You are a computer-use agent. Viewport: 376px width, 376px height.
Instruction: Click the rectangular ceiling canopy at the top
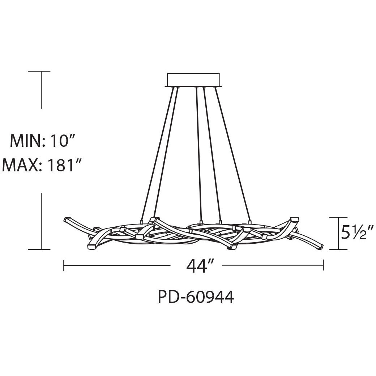(x=193, y=80)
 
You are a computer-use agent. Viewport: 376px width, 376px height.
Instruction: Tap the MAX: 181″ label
(x=40, y=166)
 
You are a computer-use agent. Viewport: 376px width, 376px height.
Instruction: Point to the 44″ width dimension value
(x=196, y=266)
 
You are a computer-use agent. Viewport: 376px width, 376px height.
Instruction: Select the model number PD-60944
(x=196, y=297)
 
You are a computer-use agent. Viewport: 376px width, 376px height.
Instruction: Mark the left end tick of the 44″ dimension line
(x=64, y=265)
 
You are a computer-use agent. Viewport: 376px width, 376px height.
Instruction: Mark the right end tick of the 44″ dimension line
(x=323, y=265)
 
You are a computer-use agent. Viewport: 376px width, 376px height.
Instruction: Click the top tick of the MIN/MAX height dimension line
(x=41, y=72)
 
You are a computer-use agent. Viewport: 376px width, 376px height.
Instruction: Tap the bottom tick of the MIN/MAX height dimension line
(x=41, y=249)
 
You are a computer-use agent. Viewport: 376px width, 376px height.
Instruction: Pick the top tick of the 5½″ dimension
(x=338, y=217)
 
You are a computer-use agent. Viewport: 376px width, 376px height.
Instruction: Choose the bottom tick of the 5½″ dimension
(x=338, y=249)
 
